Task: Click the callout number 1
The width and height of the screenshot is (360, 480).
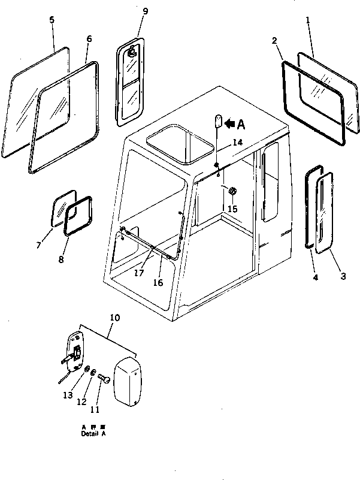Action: click(x=308, y=20)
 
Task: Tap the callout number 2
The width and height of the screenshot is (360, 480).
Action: click(x=274, y=41)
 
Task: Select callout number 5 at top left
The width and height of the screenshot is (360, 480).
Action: click(x=52, y=20)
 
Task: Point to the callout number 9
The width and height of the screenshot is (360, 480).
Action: click(x=139, y=12)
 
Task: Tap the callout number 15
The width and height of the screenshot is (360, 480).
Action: click(x=232, y=209)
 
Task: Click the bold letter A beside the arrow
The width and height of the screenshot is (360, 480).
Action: click(x=241, y=124)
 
